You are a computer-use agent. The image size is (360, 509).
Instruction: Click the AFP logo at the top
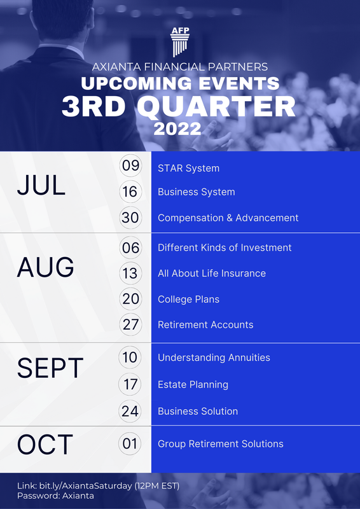180,42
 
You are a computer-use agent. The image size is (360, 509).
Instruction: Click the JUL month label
41,185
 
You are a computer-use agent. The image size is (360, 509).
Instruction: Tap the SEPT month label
50,368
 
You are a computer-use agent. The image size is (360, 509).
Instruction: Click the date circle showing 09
130,167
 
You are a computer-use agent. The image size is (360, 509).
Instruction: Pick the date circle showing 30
130,218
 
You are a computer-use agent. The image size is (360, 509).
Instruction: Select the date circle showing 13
130,273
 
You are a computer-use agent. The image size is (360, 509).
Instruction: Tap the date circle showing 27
130,324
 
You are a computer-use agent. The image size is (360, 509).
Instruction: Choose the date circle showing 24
130,411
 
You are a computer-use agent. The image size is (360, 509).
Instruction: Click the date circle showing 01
130,443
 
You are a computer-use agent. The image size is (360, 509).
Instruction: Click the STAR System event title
188,169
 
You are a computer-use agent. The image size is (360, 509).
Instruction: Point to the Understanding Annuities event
214,358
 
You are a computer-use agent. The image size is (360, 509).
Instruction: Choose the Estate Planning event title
193,384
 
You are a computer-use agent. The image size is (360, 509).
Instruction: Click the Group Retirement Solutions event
220,443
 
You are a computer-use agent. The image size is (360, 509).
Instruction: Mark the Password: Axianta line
55,496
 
